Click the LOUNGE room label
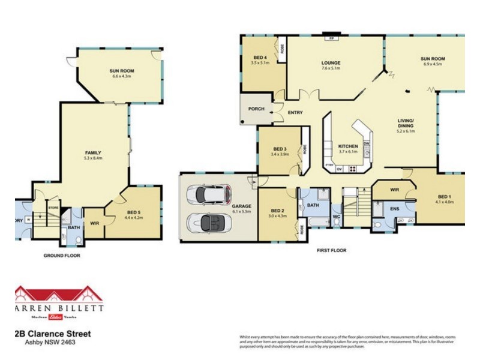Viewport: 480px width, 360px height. (331, 62)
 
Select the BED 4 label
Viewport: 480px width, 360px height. (260, 57)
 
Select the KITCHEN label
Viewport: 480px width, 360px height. (348, 146)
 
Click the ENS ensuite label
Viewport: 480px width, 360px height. (394, 209)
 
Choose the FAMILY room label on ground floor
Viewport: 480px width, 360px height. (93, 152)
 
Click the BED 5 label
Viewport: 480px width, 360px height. (134, 212)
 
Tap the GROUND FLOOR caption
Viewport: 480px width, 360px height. (62, 255)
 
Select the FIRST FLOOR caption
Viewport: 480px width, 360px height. (331, 250)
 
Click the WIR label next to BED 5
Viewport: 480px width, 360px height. (94, 223)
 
